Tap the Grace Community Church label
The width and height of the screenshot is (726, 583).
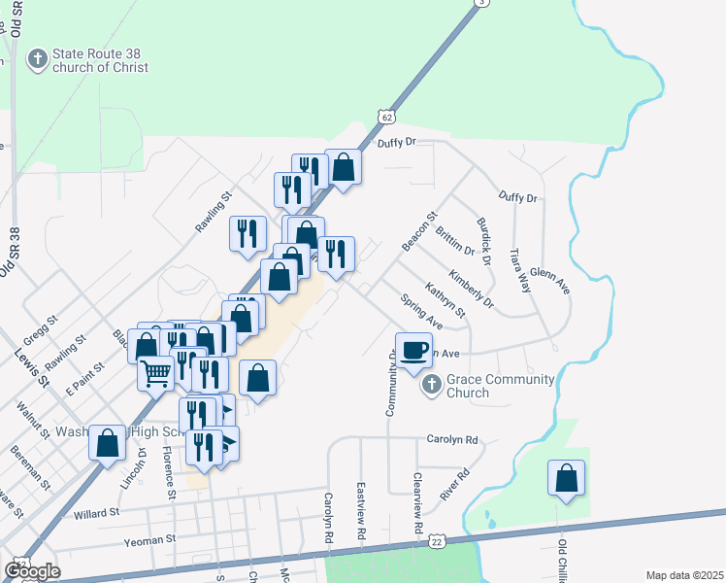(x=500, y=386)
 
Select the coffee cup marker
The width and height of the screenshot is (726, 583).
(x=413, y=351)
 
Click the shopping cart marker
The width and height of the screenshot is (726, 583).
(x=156, y=373)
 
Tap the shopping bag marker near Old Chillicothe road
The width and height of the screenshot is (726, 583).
(x=566, y=479)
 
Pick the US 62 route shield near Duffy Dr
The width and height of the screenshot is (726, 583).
(x=387, y=117)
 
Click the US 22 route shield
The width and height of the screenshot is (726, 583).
(x=438, y=540)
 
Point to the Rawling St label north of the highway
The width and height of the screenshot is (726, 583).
(x=214, y=211)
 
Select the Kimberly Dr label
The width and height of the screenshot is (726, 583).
(x=471, y=291)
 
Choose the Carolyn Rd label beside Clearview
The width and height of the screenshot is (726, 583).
(x=452, y=439)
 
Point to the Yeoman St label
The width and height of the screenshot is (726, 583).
(x=148, y=537)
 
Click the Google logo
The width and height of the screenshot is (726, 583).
(x=32, y=571)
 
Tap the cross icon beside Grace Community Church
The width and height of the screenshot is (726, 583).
(x=431, y=387)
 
